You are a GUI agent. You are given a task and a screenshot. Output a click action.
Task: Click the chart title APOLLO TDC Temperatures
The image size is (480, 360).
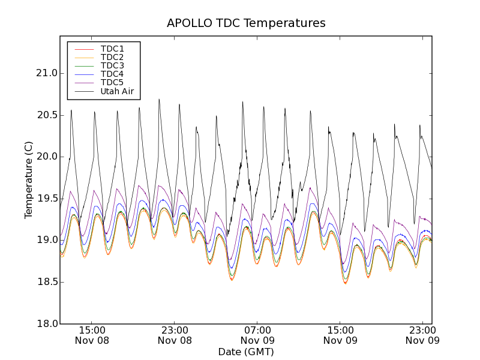pyautogui.click(x=246, y=23)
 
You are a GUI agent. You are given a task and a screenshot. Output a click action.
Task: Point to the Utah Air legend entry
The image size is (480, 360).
pyautogui.click(x=117, y=92)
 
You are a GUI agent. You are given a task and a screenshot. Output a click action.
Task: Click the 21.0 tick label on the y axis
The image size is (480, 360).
pyautogui.click(x=47, y=73)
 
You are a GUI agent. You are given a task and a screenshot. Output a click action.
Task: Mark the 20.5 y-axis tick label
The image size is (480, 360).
pyautogui.click(x=47, y=115)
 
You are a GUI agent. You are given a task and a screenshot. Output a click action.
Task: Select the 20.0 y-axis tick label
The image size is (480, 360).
pyautogui.click(x=47, y=157)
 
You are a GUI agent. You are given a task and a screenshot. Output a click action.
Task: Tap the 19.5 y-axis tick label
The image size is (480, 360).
pyautogui.click(x=47, y=199)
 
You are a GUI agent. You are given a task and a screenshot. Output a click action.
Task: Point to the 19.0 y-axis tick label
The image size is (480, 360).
pyautogui.click(x=47, y=240)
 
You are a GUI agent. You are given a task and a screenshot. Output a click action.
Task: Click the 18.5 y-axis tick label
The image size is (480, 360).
pyautogui.click(x=47, y=282)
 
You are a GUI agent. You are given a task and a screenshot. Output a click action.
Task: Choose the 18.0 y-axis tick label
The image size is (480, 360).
pyautogui.click(x=47, y=323)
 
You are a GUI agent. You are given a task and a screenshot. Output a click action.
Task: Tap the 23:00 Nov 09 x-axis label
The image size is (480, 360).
pyautogui.click(x=423, y=335)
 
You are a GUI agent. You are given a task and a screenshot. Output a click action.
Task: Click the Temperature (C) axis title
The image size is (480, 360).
pyautogui.click(x=29, y=180)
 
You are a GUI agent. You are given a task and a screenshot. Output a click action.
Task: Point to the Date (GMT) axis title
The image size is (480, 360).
pyautogui.click(x=246, y=352)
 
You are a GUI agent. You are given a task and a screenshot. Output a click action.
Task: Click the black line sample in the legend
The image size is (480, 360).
pyautogui.click(x=83, y=92)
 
